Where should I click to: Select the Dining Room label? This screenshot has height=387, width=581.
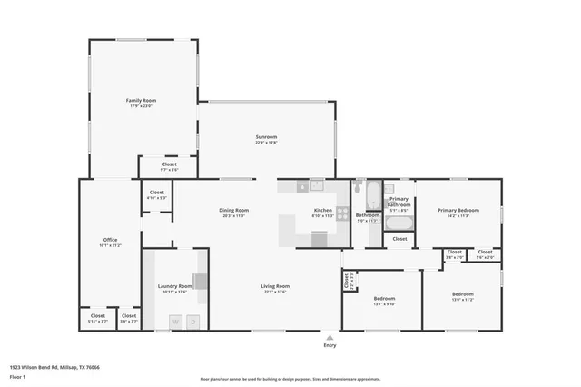(x=234, y=211)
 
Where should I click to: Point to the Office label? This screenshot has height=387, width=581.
(x=109, y=240)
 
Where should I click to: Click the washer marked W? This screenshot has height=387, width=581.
(x=174, y=321)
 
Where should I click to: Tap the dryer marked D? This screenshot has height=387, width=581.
(x=192, y=321)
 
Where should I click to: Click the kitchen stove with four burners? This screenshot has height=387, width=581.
(x=342, y=214)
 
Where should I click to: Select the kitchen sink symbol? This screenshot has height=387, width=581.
(x=317, y=185)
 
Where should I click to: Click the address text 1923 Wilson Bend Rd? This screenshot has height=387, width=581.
(x=54, y=367)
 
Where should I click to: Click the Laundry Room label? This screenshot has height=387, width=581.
(x=172, y=287)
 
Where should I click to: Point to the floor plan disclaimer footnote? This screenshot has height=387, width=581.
(x=290, y=379)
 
